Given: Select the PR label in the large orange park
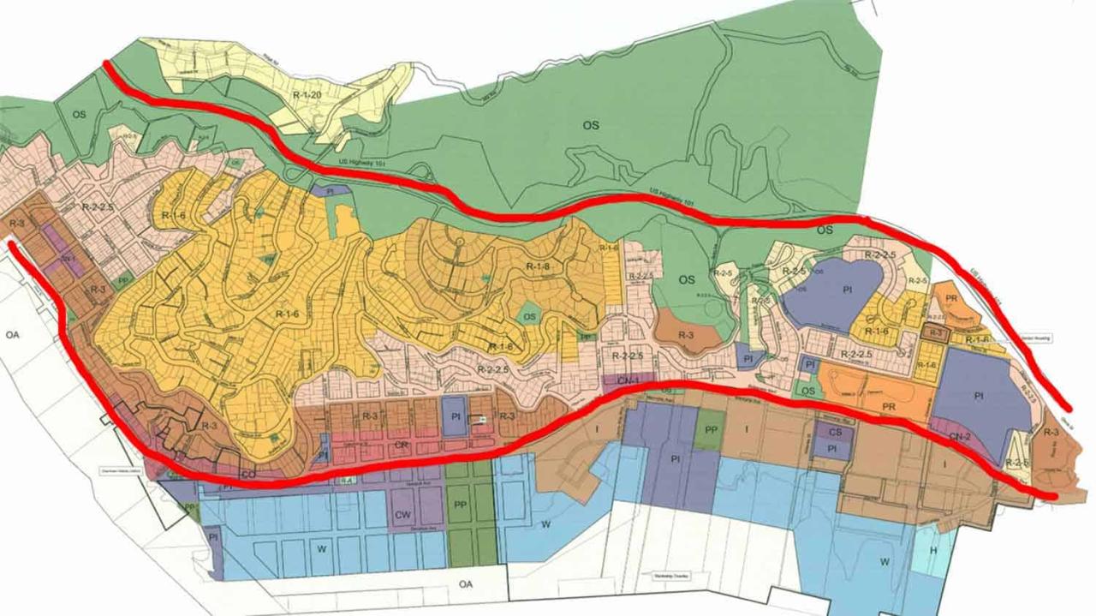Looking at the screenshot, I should tap(889, 407).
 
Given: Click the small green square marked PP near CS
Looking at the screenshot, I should tap(709, 429).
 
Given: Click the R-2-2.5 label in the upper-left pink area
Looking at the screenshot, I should tap(97, 206).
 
